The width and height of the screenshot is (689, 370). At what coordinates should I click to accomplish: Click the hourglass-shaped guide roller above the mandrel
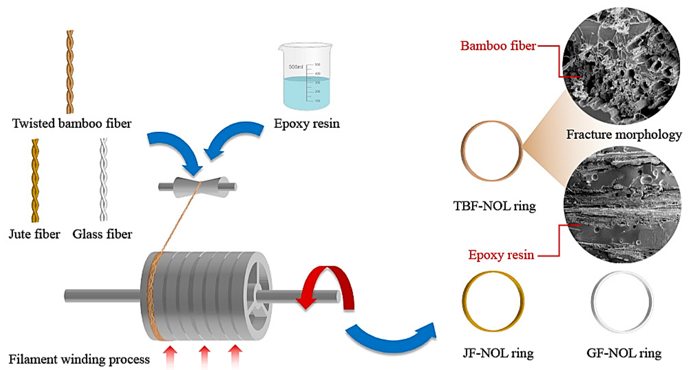(x=198, y=186)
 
